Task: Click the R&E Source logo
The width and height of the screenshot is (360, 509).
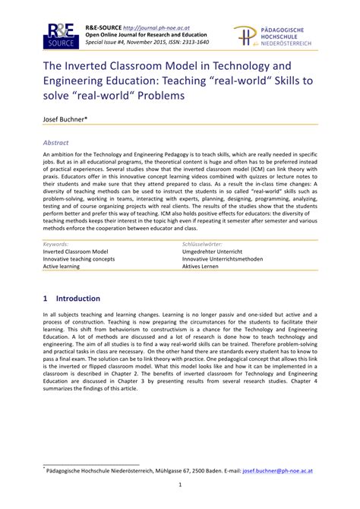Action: click(58, 36)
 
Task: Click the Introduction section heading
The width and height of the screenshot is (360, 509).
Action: click(78, 299)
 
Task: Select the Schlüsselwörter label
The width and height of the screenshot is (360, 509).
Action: click(206, 243)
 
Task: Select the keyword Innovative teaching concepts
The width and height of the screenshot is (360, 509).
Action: click(79, 259)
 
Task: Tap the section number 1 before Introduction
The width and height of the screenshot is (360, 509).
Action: click(46, 299)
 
